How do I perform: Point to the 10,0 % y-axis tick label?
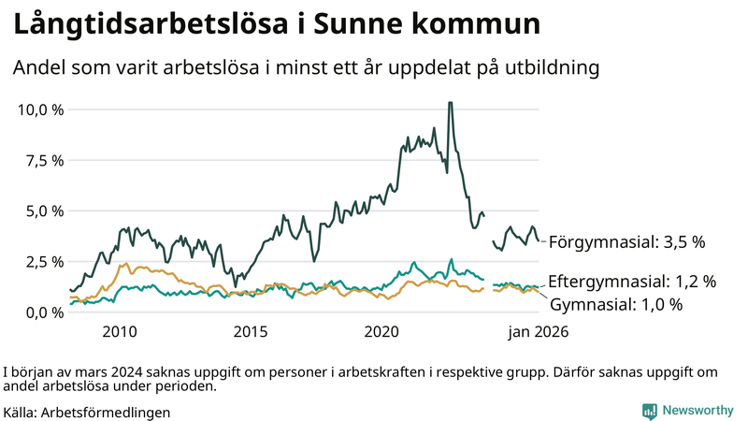point(40,109)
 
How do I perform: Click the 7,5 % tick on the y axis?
point(44,160)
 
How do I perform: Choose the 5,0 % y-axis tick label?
point(44,210)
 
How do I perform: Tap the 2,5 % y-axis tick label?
point(44,261)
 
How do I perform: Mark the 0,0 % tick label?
point(44,312)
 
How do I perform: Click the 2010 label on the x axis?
point(120,331)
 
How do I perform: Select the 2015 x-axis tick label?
point(251,331)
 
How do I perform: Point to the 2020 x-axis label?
point(381,331)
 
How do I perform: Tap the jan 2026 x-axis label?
point(538,331)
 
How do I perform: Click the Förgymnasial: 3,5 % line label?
point(626,242)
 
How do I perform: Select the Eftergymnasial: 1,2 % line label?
point(632,281)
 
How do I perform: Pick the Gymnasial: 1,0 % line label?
point(616,304)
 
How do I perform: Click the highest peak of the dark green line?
point(451,103)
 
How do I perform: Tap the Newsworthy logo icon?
point(649,411)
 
